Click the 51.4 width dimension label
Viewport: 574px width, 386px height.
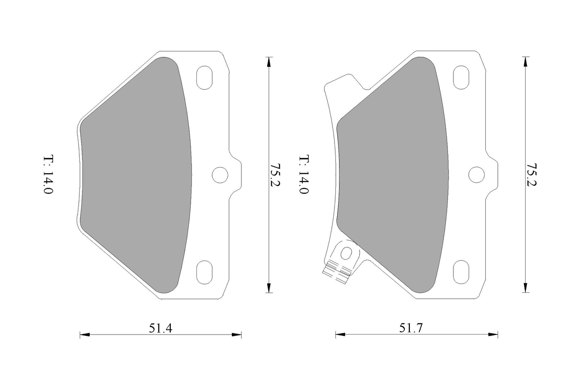point(161,328)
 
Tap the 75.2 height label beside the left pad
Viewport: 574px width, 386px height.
point(275,175)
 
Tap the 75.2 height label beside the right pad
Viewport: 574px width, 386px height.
point(531,175)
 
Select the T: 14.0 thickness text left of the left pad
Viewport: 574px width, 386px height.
point(48,174)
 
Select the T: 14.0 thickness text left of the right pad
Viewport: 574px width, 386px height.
point(304,174)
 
